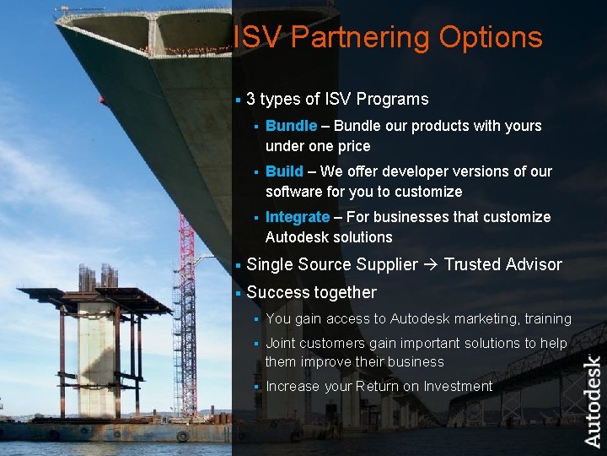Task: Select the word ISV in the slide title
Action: pyautogui.click(x=250, y=37)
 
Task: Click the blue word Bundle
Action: pyautogui.click(x=291, y=126)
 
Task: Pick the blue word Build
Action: pyautogui.click(x=284, y=171)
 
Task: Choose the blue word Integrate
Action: pyautogui.click(x=297, y=217)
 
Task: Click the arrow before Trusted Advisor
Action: pyautogui.click(x=431, y=265)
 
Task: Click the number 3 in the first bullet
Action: pyautogui.click(x=251, y=100)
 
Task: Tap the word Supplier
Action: pyautogui.click(x=387, y=265)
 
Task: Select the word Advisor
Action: pyautogui.click(x=533, y=265)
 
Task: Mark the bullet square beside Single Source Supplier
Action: pyautogui.click(x=239, y=265)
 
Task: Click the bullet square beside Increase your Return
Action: pyautogui.click(x=256, y=387)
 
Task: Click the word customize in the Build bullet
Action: pyautogui.click(x=427, y=192)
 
